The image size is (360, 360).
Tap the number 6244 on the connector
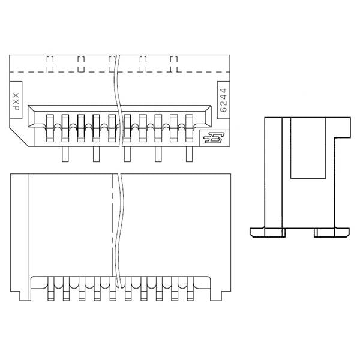click(x=223, y=99)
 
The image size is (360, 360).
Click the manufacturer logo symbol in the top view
click(x=212, y=139)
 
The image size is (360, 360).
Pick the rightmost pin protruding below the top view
click(x=190, y=155)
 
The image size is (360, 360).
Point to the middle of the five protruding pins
click(x=127, y=155)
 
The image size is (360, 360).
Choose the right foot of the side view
click(x=332, y=232)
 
